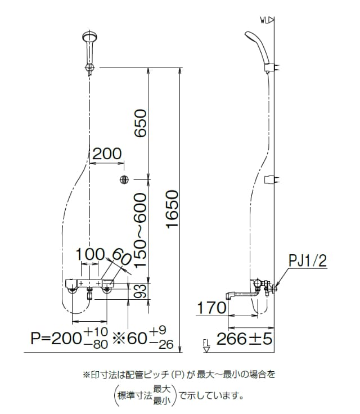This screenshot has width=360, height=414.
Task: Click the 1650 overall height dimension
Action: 173,209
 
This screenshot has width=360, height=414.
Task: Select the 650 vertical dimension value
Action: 140,123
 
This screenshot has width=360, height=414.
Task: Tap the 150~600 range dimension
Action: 140,230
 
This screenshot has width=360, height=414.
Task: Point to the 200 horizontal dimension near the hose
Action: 107,154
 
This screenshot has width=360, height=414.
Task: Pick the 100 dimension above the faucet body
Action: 90,254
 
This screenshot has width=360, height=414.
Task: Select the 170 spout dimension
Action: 212,308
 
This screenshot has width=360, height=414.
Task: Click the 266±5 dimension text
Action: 244,339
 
